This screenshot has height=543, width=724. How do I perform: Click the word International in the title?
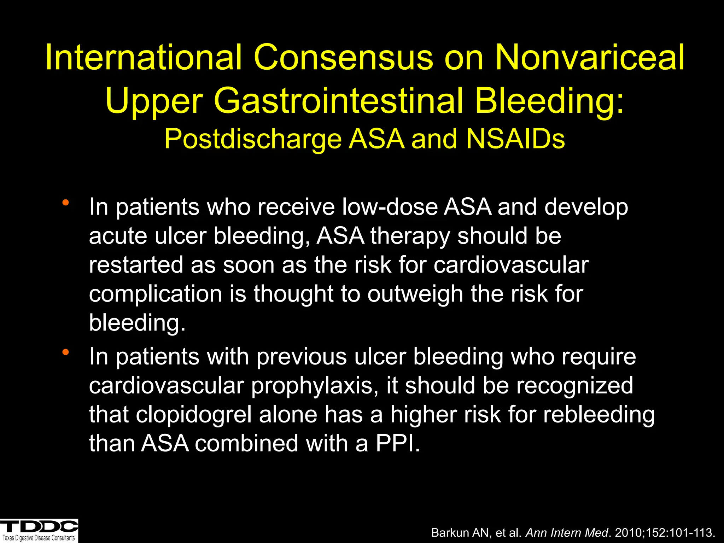[x=144, y=57]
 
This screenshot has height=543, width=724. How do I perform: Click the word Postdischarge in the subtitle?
[x=253, y=139]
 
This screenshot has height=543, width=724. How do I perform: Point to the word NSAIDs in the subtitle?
[x=515, y=139]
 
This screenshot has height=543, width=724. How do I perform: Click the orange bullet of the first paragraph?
[x=65, y=203]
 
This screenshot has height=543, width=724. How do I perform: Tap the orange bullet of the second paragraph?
[x=65, y=352]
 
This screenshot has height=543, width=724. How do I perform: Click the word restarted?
[x=136, y=265]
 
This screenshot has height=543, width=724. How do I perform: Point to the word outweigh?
[x=415, y=294]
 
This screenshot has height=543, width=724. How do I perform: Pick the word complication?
[x=155, y=294]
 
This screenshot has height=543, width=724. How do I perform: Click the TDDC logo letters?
[x=39, y=526]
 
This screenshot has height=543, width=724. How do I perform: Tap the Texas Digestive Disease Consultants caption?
[x=39, y=538]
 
